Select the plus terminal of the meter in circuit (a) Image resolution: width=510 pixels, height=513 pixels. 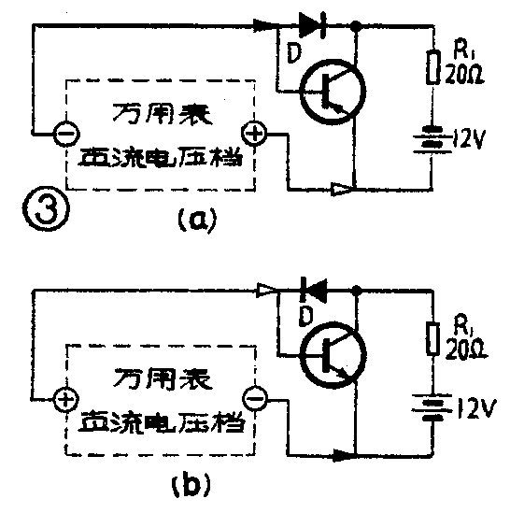tap(254, 133)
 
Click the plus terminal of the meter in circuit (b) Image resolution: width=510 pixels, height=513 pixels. tap(65, 400)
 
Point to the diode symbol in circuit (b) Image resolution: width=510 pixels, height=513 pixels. tap(315, 291)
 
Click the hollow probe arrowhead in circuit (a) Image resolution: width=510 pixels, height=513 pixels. tap(342, 191)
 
